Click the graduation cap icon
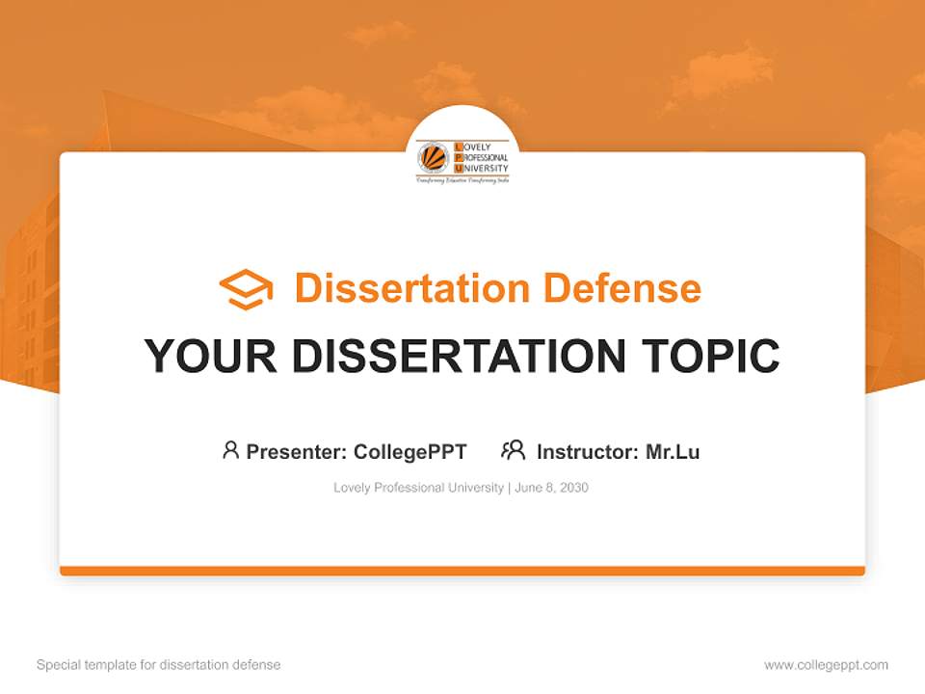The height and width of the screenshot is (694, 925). pos(246,289)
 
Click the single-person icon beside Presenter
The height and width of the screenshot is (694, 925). pos(230,450)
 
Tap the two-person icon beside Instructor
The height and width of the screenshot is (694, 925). pos(513,450)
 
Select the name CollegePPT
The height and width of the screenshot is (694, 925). pos(410,451)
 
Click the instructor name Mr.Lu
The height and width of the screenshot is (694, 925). pos(673,451)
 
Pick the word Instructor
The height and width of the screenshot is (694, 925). pos(585,451)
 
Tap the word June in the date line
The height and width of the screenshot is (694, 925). pos(528,488)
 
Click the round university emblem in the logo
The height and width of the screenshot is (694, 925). pos(433,157)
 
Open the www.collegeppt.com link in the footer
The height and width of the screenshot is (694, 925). pos(826,665)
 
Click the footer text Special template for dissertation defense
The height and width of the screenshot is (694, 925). pos(159,665)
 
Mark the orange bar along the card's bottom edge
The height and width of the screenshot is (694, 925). pos(462,571)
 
